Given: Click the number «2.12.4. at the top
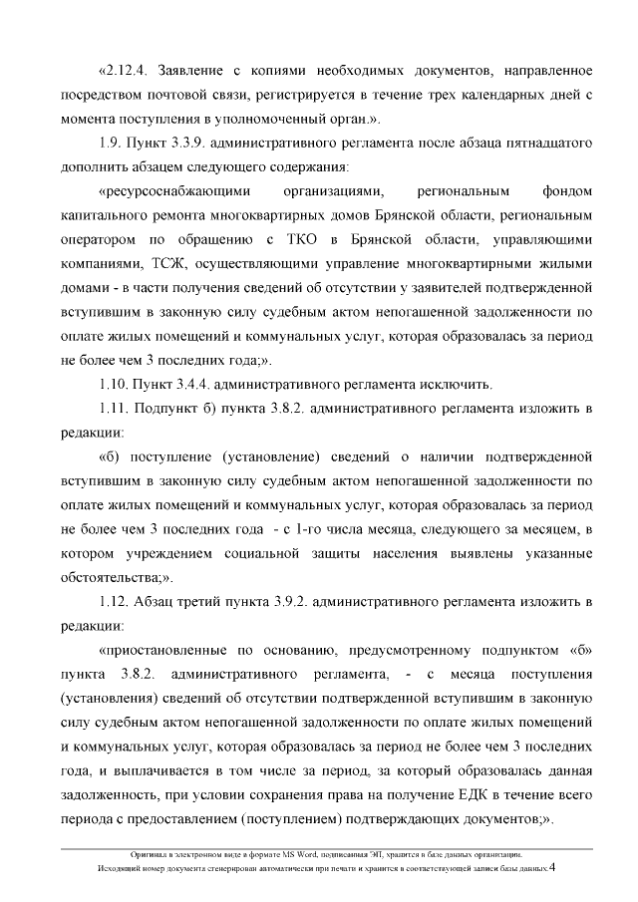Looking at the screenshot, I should pos(124,72).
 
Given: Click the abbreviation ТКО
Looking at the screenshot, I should pos(300,240).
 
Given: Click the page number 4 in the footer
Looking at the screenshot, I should pos(553,867).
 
